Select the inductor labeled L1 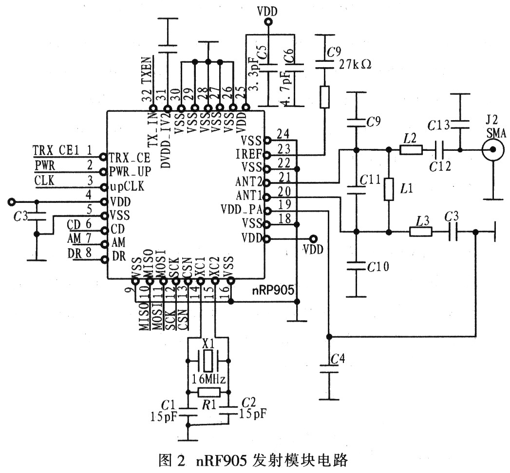pyautogui.click(x=389, y=189)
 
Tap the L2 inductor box pyautogui.click(x=411, y=150)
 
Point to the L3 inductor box pyautogui.click(x=420, y=232)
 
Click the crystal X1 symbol pyautogui.click(x=208, y=362)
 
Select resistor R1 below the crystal pyautogui.click(x=208, y=393)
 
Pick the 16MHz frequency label pyautogui.click(x=209, y=378)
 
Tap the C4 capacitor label pyautogui.click(x=337, y=359)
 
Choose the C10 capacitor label pyautogui.click(x=378, y=266)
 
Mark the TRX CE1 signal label pyautogui.click(x=56, y=149)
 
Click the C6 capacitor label pyautogui.click(x=290, y=55)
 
